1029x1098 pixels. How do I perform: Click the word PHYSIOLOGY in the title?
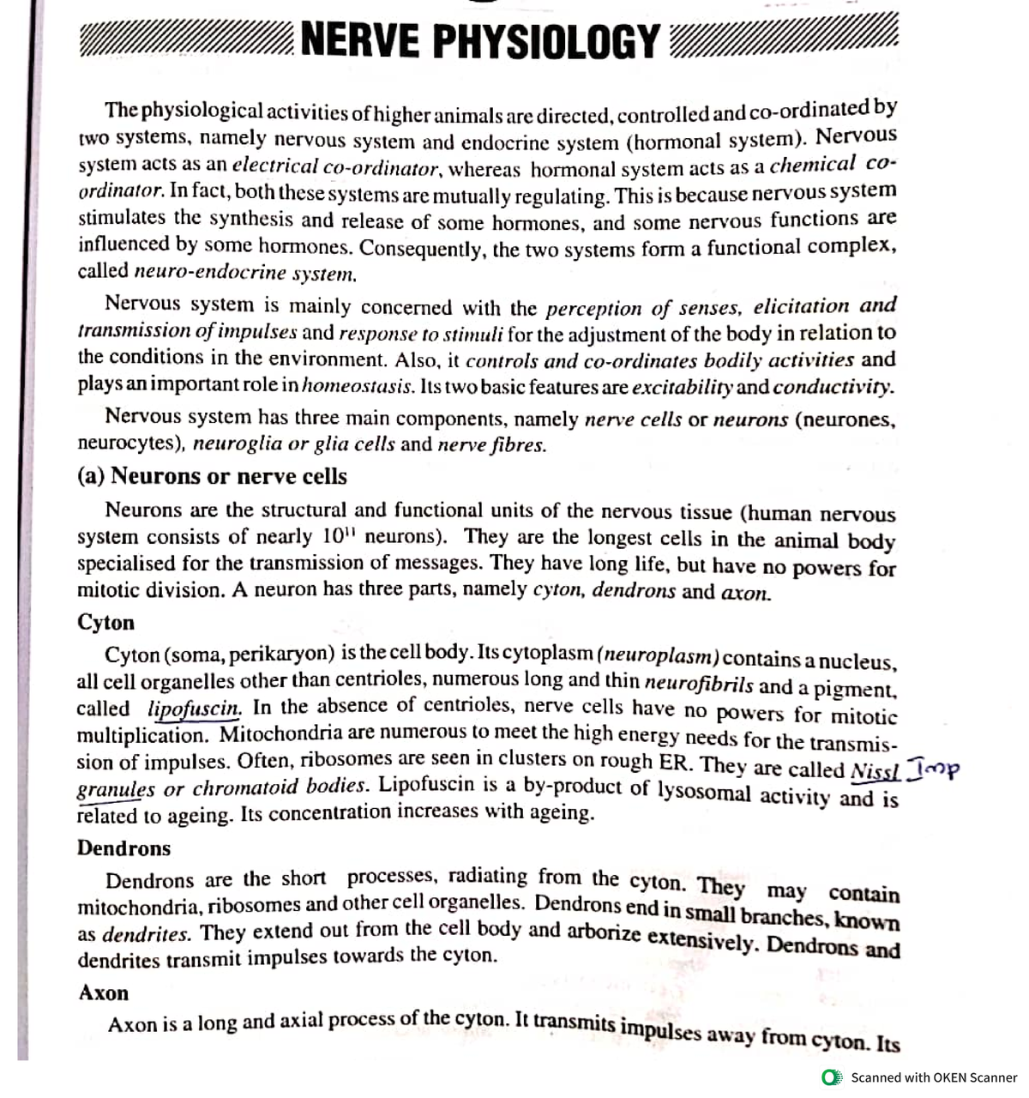click(x=546, y=41)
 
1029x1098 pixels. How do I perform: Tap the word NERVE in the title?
click(x=361, y=41)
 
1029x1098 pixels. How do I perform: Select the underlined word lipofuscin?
click(x=195, y=709)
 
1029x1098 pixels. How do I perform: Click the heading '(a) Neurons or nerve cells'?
click(x=212, y=476)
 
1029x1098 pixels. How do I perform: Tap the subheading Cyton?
click(x=105, y=622)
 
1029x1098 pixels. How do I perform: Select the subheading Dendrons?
click(x=123, y=848)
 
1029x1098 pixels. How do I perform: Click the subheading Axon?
click(x=104, y=992)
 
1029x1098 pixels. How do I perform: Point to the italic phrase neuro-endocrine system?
click(x=245, y=274)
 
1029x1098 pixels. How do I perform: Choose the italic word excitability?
click(x=683, y=386)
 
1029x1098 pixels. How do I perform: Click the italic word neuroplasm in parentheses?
click(x=659, y=655)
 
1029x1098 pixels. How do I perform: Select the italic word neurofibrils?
click(x=699, y=684)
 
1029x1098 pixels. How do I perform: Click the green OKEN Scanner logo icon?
click(x=830, y=1077)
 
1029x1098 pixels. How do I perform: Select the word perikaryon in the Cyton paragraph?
click(x=281, y=655)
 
